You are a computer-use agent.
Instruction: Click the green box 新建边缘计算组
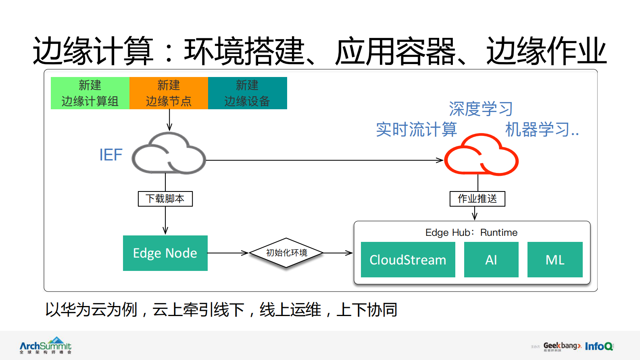tap(90, 93)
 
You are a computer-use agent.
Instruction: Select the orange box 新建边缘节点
tap(169, 93)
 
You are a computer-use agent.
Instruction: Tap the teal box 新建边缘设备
tap(247, 93)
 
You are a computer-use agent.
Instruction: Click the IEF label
tap(110, 155)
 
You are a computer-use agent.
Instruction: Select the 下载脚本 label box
tap(165, 199)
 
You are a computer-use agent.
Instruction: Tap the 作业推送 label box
tap(477, 199)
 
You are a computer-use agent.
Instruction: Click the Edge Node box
tap(165, 253)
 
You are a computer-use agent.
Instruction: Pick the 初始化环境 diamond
tap(286, 253)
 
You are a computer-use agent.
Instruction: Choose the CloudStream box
tap(408, 260)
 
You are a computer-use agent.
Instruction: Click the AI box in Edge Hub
tap(491, 260)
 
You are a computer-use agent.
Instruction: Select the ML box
tap(555, 260)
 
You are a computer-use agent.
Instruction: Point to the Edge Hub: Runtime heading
tap(471, 233)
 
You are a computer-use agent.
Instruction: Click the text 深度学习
tap(481, 109)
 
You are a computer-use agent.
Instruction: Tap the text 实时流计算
tap(416, 129)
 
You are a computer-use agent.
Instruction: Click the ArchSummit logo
tap(46, 345)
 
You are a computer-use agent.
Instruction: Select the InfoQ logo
tap(599, 346)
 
